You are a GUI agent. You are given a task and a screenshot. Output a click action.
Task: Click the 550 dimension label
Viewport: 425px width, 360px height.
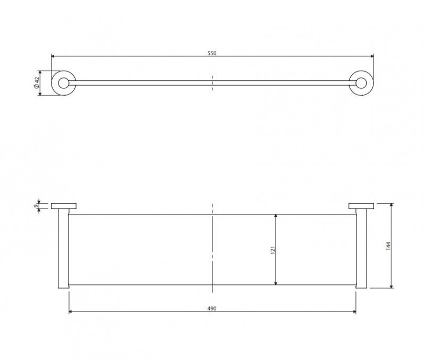212,53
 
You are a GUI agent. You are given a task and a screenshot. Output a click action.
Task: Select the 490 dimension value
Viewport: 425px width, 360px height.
212,308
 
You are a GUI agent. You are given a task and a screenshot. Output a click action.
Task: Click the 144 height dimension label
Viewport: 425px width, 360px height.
388,246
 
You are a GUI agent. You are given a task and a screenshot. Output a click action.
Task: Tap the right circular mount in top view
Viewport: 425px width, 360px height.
362,83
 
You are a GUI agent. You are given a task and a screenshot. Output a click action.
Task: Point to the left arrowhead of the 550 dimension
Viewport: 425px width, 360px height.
53,56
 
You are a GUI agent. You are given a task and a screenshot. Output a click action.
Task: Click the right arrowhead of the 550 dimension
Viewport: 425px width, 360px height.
371,56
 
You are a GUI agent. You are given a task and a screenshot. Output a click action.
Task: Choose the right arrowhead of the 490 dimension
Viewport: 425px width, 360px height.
354,312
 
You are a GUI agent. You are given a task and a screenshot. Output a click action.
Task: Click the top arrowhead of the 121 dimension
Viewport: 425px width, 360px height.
276,216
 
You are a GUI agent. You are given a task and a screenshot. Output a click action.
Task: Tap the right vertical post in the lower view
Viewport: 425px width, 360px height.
362,250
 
